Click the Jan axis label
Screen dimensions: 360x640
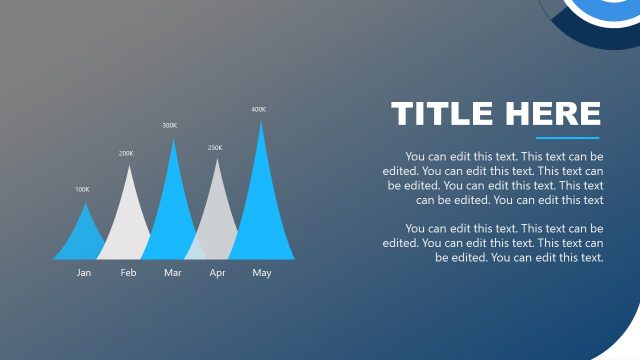(x=84, y=273)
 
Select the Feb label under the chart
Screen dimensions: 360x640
(x=128, y=273)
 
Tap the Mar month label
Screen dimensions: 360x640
(x=173, y=273)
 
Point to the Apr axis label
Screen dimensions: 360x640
(x=217, y=273)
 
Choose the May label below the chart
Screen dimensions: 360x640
(x=262, y=273)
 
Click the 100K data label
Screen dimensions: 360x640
(x=82, y=189)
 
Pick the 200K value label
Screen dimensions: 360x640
(x=126, y=154)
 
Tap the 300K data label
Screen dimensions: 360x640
(x=170, y=126)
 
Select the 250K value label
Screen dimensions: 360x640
(x=215, y=148)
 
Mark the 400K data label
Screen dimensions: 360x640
(x=259, y=109)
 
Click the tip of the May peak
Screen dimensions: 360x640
(x=262, y=123)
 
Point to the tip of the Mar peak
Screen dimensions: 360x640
(x=174, y=140)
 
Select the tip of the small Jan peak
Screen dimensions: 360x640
(x=85, y=204)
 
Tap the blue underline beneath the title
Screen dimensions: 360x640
(x=567, y=138)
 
